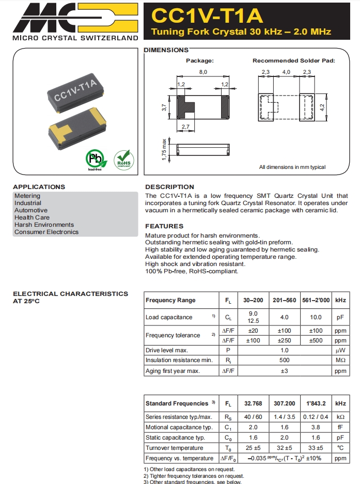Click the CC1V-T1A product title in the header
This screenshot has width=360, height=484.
[x=207, y=16]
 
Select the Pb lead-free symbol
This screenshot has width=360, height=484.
[x=94, y=159]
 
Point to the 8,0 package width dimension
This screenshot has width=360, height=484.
[x=203, y=72]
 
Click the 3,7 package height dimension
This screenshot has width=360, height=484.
[x=164, y=108]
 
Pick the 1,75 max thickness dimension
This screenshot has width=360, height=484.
[x=164, y=149]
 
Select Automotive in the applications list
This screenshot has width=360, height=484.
[x=31, y=210]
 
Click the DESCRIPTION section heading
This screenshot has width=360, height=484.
[x=169, y=187]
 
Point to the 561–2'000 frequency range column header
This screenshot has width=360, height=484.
[x=315, y=300]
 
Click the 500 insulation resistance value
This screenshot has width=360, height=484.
[x=284, y=360]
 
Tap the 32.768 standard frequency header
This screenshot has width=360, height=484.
[x=254, y=403]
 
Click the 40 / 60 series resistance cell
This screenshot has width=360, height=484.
[x=254, y=417]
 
